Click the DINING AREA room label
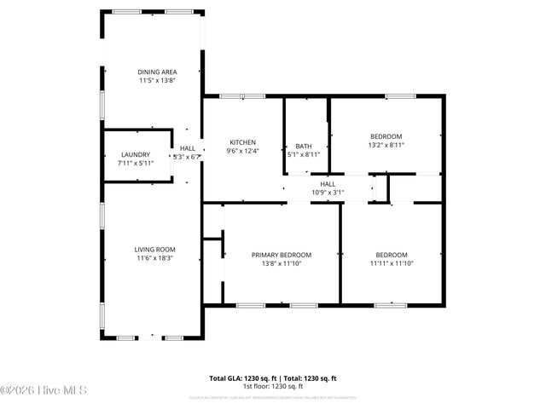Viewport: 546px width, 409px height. tap(154, 72)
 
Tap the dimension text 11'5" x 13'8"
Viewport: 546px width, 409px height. tap(154, 81)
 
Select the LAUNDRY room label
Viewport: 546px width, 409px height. tap(136, 154)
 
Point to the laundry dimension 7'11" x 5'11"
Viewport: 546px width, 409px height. tap(136, 164)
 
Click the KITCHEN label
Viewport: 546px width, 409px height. tap(242, 142)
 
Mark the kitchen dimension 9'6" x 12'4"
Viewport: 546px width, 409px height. tap(242, 152)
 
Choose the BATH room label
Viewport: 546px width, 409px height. tap(304, 146)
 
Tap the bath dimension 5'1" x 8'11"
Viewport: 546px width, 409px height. tap(304, 155)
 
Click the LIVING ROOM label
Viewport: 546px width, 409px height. tap(154, 249)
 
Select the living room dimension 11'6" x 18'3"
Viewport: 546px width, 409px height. tap(154, 258)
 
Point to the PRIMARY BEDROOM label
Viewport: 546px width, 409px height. tap(281, 255)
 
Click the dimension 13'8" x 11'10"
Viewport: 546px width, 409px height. tap(281, 264)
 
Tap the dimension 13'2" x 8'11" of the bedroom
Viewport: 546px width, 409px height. tap(386, 146)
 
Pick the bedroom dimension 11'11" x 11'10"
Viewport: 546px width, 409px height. tap(392, 264)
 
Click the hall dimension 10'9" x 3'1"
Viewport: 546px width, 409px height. tap(327, 193)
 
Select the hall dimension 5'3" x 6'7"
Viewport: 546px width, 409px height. tap(187, 157)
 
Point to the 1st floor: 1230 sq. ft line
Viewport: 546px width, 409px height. tap(273, 386)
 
